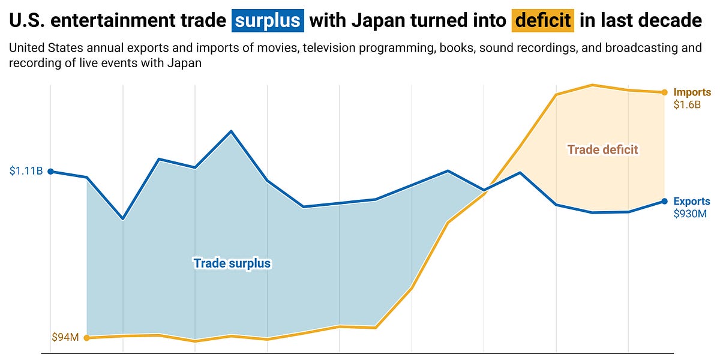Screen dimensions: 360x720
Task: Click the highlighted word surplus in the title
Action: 268,21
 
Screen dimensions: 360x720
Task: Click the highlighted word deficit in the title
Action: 543,21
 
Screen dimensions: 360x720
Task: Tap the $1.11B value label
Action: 26,172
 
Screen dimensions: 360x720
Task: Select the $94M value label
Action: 65,338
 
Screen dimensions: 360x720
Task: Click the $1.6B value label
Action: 687,104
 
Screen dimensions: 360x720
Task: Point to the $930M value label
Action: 690,213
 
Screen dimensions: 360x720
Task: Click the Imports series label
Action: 692,92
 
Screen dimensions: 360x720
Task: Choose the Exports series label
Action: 692,202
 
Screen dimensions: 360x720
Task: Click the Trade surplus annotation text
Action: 232,263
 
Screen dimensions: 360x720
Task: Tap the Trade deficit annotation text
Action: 602,149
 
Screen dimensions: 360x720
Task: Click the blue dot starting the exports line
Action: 50,172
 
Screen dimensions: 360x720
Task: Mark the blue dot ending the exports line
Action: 664,201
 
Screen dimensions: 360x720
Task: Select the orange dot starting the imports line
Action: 86,338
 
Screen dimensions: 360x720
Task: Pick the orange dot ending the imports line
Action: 664,92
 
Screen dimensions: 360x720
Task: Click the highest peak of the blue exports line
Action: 231,131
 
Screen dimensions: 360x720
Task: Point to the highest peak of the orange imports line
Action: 592,85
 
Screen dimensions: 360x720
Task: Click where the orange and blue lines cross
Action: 486,190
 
